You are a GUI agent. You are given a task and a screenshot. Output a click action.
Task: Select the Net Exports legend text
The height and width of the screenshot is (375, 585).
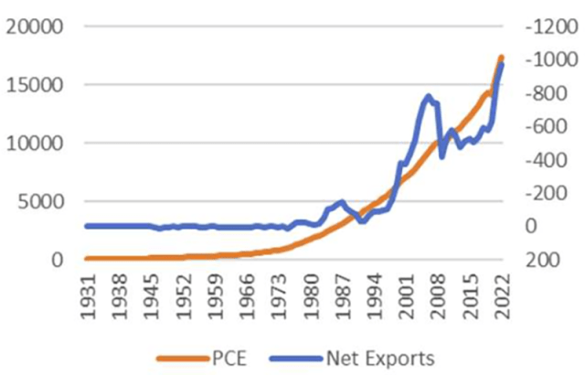(x=379, y=356)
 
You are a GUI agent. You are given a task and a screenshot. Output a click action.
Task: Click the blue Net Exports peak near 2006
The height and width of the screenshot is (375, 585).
(x=428, y=95)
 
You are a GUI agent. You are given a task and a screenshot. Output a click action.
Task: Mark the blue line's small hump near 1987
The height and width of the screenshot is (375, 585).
(x=341, y=202)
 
